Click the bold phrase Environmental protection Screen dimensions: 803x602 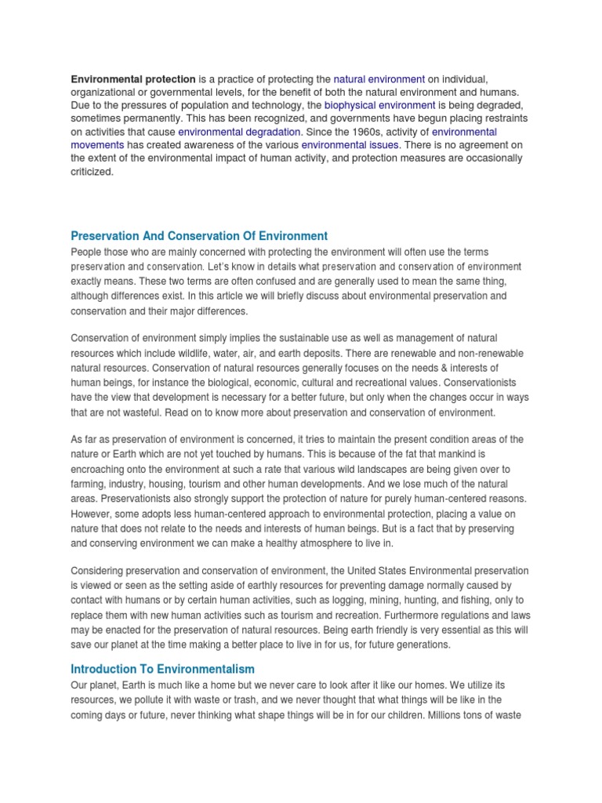(x=133, y=79)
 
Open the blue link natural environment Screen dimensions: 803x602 (x=379, y=79)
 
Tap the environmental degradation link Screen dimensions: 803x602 (x=240, y=133)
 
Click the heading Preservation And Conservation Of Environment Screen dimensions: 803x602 (x=199, y=236)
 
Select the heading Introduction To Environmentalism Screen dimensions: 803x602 (x=163, y=669)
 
